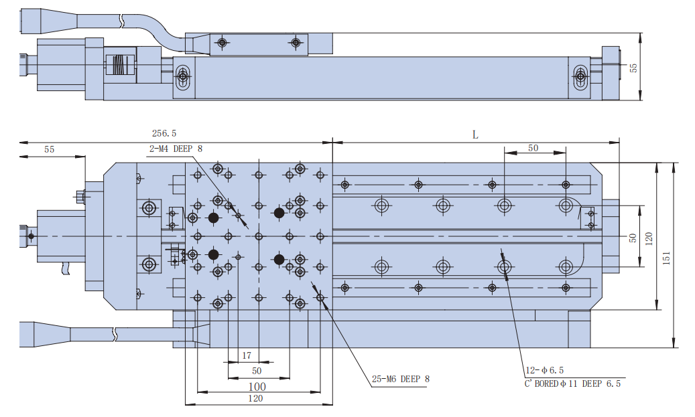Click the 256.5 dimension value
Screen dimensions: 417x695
[x=164, y=134]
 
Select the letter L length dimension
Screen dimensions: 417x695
[x=475, y=135]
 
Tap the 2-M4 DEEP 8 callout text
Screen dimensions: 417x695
[x=175, y=149]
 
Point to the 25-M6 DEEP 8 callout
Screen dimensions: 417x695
[x=400, y=379]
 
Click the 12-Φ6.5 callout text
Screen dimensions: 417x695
[x=545, y=370]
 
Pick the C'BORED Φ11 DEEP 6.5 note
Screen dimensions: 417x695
[x=572, y=384]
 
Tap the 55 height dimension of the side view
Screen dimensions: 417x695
[x=633, y=67]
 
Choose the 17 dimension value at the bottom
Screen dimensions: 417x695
[x=246, y=355]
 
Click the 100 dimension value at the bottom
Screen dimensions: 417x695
[x=257, y=386]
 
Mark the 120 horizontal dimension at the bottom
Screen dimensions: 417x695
[x=255, y=398]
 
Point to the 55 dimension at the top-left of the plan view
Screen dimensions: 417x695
[x=50, y=149]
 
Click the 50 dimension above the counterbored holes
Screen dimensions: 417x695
[x=533, y=148]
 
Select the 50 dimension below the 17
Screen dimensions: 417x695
[x=257, y=370]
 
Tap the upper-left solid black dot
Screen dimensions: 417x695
[x=214, y=218]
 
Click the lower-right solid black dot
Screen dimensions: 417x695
[x=279, y=259]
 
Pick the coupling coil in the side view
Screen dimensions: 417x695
[x=119, y=65]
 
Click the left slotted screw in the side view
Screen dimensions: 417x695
[x=183, y=78]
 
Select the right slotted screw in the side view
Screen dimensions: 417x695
[x=580, y=78]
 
